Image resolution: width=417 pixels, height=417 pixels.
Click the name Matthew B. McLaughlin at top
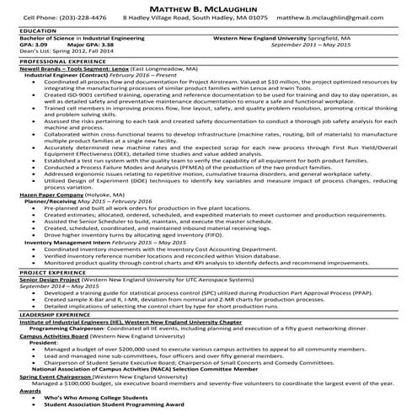click(x=208, y=6)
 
